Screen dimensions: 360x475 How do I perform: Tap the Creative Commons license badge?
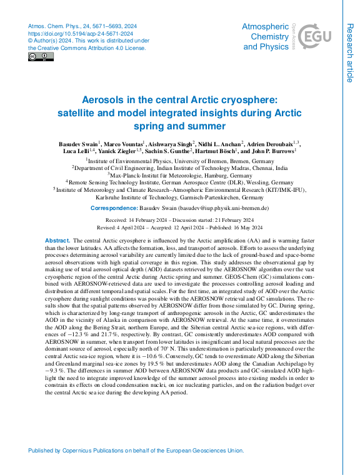(41, 57)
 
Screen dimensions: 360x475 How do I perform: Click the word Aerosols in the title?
(106, 100)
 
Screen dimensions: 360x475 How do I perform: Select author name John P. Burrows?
(271, 151)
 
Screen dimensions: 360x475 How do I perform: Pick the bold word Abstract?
(57, 241)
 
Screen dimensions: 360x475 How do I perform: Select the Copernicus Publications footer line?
(136, 451)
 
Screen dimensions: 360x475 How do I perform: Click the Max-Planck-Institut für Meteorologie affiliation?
(180, 175)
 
